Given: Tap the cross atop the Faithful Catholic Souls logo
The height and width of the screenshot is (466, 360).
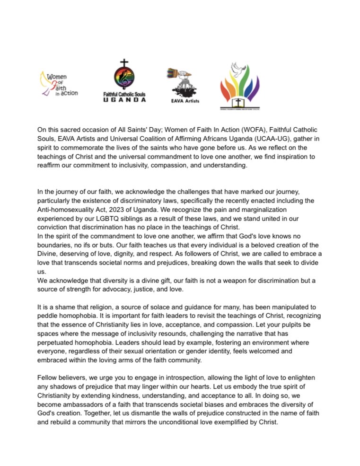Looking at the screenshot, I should [x=124, y=63].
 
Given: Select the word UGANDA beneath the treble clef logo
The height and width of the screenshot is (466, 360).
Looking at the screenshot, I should [x=124, y=100].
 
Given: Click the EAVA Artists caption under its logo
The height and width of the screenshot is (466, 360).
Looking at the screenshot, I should [x=185, y=101].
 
